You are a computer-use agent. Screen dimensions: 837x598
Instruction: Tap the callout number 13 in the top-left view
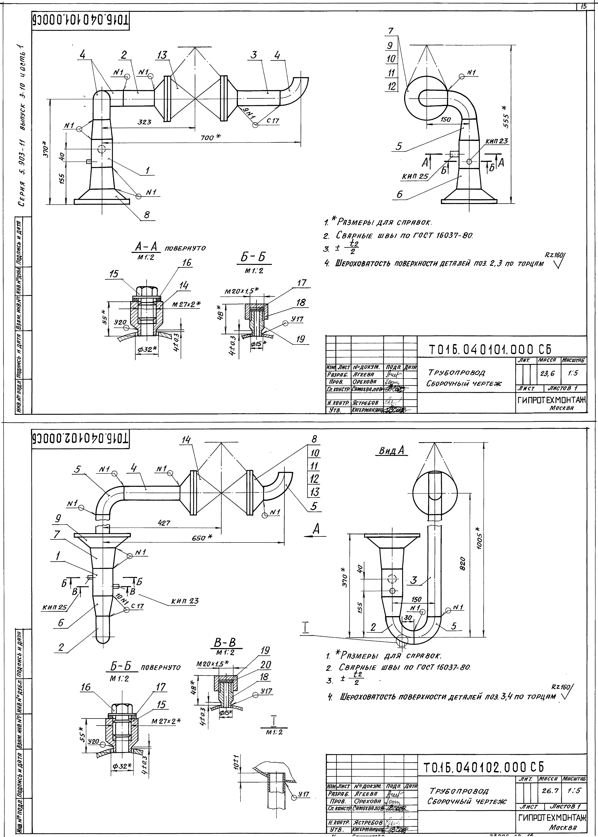pos(162,55)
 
